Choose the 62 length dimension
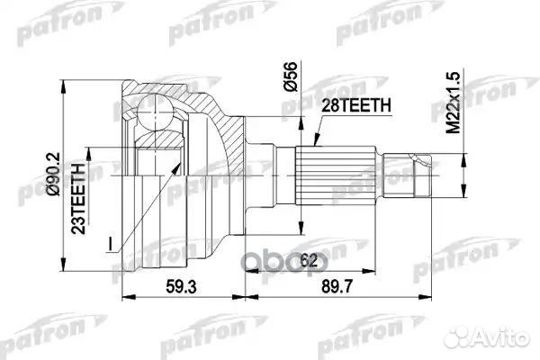pos(308,262)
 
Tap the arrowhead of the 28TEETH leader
pos(317,142)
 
